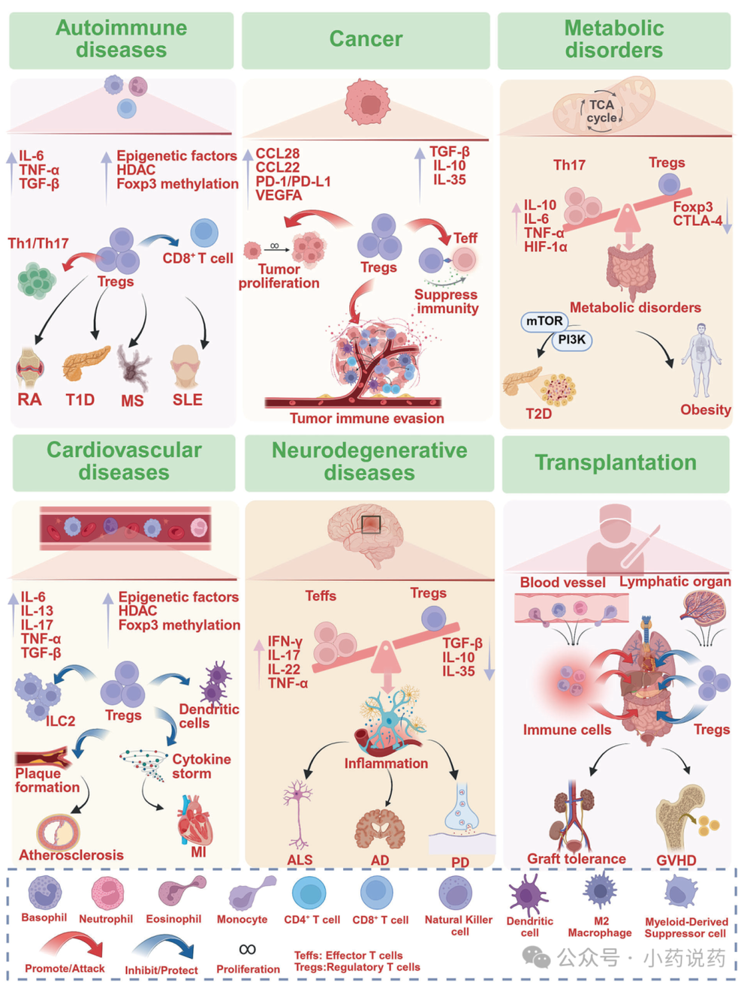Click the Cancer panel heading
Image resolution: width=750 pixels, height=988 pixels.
366,39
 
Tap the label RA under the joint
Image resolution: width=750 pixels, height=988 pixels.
30,399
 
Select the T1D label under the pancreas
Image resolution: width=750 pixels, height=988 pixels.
80,399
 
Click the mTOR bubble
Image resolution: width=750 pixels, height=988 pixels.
544,321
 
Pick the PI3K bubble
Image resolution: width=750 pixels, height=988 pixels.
572,340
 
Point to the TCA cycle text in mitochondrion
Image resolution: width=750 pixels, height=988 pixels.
601,111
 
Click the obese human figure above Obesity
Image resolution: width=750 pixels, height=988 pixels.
701,360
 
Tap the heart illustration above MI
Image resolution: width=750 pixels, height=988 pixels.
194,821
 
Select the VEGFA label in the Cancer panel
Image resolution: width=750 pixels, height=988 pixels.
279,195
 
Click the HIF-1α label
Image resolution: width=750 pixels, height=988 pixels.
546,247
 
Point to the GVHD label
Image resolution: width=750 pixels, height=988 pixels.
676,860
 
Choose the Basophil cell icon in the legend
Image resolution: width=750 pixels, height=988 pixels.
44,893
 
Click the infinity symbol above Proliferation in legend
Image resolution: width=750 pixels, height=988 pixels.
248,949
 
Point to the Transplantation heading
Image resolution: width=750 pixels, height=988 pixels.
616,462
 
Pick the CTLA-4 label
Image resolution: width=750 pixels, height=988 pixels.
697,221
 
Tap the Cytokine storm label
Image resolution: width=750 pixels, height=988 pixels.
201,766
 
